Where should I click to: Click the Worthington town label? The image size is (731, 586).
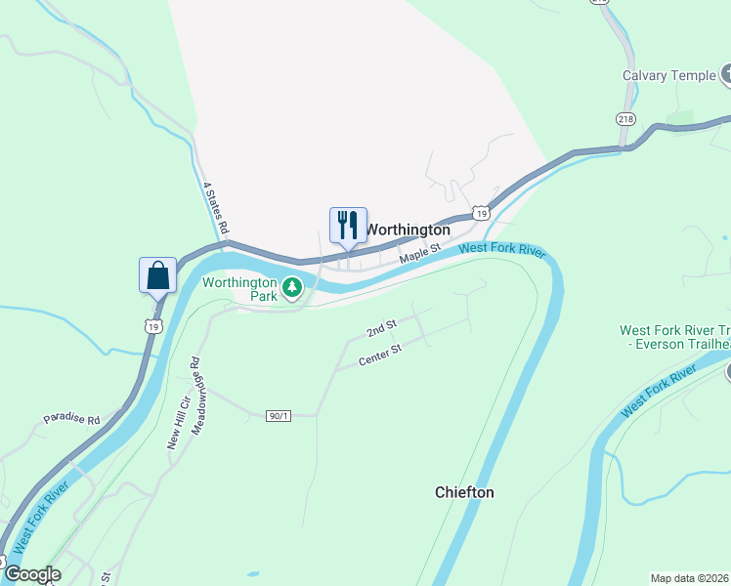408,230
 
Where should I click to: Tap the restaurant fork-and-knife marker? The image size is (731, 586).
348,226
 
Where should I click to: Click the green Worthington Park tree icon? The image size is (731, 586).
291,287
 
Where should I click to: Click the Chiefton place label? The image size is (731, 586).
464,493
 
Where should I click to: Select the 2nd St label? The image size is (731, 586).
381,328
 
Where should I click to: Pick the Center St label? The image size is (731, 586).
380,356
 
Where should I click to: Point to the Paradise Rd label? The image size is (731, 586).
71,420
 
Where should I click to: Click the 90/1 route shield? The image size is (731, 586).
279,416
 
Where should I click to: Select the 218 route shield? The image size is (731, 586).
626,118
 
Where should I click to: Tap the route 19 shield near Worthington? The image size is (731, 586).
480,212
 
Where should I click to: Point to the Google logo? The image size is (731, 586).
32,574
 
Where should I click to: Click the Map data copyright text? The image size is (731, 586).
690,578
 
